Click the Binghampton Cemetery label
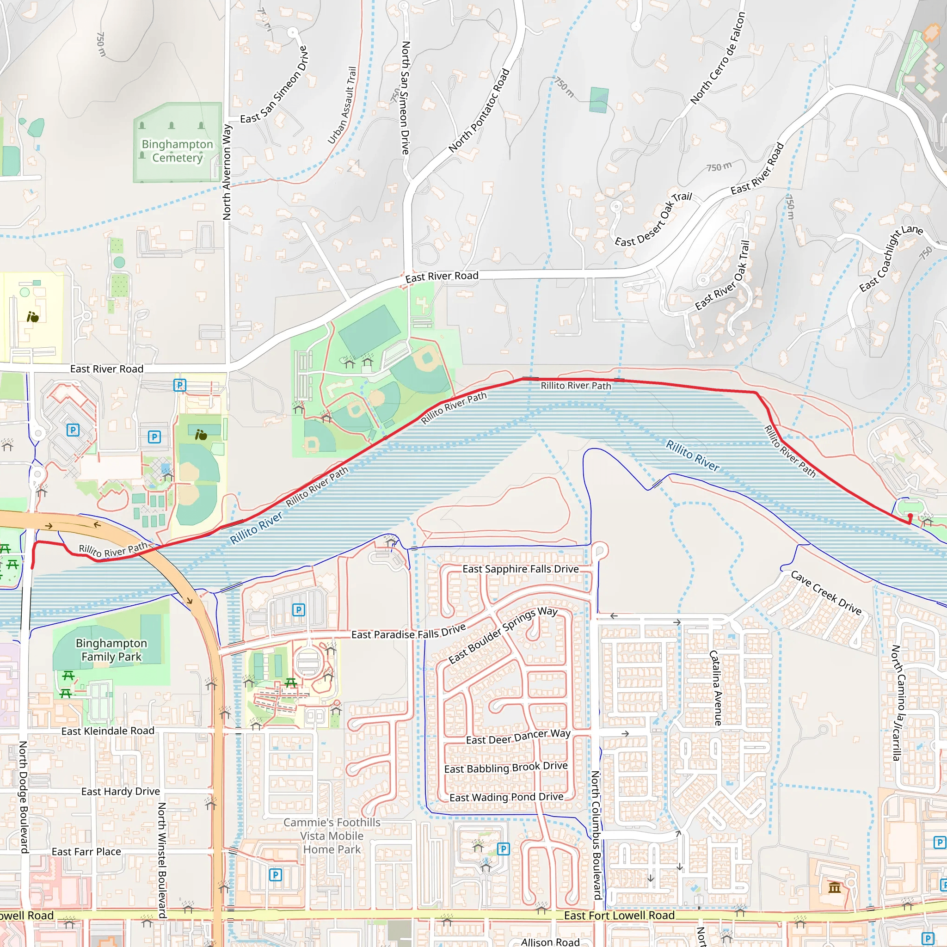point(177,151)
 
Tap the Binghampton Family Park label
point(111,650)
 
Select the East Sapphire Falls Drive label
point(521,569)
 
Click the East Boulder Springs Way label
point(503,635)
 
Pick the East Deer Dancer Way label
point(518,736)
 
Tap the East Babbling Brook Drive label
point(506,767)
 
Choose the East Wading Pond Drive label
point(506,797)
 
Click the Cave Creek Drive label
point(826,593)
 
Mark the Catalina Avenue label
point(716,688)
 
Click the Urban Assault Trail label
point(342,105)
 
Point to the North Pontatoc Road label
point(479,111)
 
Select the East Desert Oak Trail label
point(653,219)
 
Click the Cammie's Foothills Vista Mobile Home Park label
point(332,836)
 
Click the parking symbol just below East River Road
point(180,385)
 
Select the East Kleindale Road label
point(108,731)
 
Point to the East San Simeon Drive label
point(274,84)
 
